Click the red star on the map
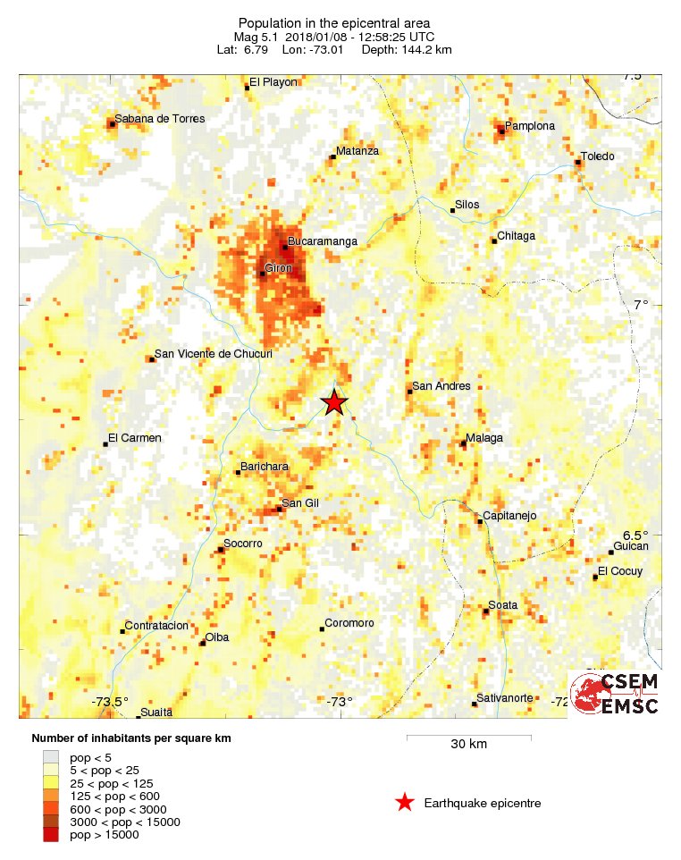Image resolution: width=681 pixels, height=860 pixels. (x=333, y=402)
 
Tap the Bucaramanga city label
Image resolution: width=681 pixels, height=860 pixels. (x=323, y=241)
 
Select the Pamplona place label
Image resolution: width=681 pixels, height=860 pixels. (x=530, y=126)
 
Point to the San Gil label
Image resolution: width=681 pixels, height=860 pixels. (x=300, y=503)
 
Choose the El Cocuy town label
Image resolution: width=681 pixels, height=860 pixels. (x=620, y=571)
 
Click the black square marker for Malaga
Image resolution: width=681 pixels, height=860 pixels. (x=463, y=443)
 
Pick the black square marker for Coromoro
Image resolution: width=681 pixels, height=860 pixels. (x=322, y=629)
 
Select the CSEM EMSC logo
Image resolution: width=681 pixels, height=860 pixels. (x=616, y=694)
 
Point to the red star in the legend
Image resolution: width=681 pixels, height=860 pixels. (x=405, y=803)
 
